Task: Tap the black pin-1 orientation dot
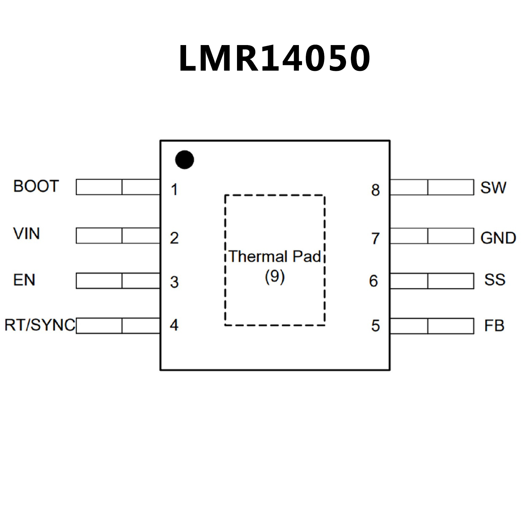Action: [x=184, y=160]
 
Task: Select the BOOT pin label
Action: [x=36, y=186]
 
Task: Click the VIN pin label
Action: [x=26, y=234]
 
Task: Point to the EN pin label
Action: [x=24, y=280]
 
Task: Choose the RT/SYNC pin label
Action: [x=40, y=325]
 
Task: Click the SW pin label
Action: [x=493, y=187]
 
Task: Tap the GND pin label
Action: [x=498, y=238]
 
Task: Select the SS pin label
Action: [x=495, y=280]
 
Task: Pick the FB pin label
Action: [x=494, y=326]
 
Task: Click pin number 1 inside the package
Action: [x=174, y=190]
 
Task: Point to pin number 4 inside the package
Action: [x=174, y=325]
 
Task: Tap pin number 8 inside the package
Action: [x=375, y=190]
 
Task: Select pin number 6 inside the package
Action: [x=374, y=281]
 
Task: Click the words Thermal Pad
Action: [x=274, y=257]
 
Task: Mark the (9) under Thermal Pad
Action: [x=274, y=276]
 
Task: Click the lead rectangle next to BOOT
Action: [x=118, y=187]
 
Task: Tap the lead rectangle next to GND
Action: [x=432, y=236]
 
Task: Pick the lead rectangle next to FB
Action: [x=432, y=326]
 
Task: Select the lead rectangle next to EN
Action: [x=118, y=281]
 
